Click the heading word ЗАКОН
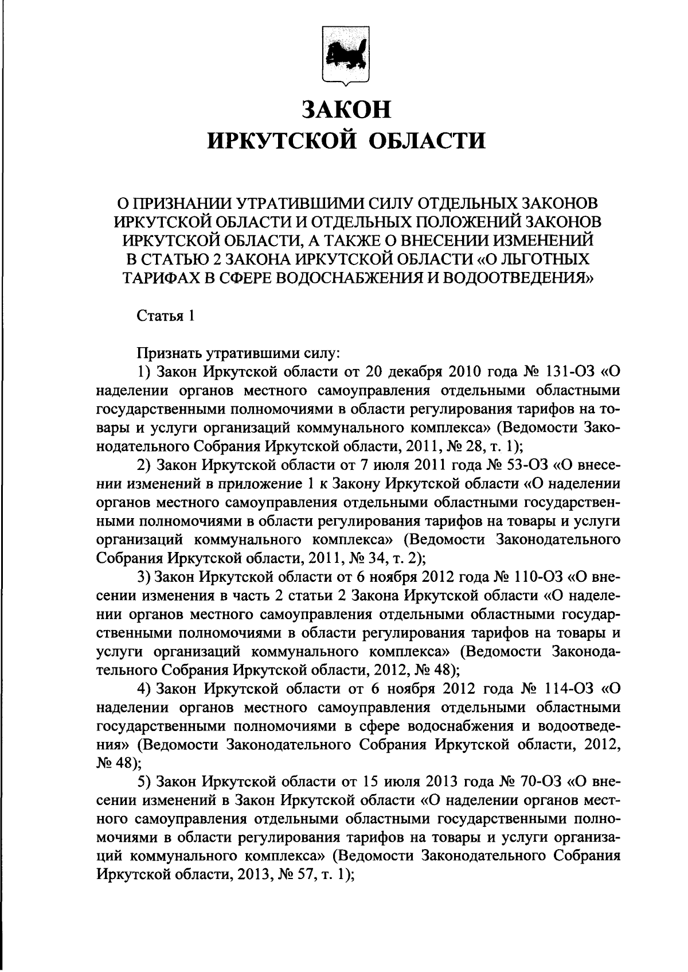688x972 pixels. point(346,109)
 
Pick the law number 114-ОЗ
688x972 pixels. point(565,688)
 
